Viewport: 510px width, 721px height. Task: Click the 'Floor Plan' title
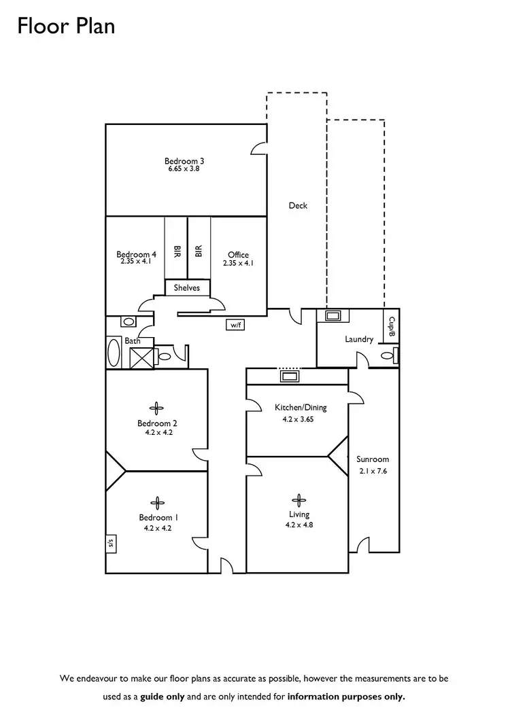coord(66,27)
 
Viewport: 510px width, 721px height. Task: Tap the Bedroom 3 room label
coord(184,161)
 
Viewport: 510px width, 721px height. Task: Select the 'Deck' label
coord(298,205)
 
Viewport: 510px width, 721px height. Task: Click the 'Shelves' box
coord(187,288)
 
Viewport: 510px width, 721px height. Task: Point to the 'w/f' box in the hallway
coord(236,326)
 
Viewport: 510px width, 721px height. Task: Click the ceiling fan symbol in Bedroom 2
coord(157,408)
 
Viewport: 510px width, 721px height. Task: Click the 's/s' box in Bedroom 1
coord(110,543)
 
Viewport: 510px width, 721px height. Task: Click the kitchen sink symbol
coord(288,376)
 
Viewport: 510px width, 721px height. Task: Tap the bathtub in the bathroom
coord(114,353)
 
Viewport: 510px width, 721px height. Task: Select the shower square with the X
coord(140,357)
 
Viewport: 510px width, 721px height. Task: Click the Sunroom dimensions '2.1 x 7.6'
coord(372,471)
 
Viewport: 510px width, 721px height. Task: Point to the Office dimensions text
coord(238,263)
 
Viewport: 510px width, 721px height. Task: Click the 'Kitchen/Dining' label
coord(301,408)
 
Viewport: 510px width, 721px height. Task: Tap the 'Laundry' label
coord(359,339)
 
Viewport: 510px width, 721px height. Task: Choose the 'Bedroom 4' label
coord(136,255)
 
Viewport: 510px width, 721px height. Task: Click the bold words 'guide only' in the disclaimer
coord(163,697)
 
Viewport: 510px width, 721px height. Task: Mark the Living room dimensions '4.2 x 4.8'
coord(299,525)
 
